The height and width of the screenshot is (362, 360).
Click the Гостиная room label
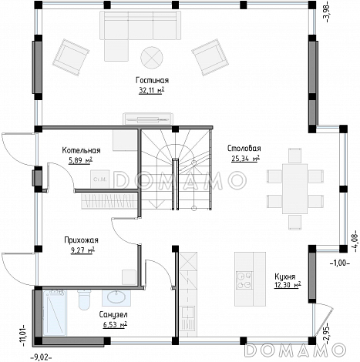tap(152, 80)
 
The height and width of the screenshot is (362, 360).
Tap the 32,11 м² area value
tap(151, 91)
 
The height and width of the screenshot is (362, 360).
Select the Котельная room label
tap(81, 150)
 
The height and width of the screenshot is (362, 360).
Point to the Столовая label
tap(244, 149)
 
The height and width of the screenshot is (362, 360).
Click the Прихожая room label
tap(81, 240)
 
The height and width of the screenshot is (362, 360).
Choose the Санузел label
tap(113, 314)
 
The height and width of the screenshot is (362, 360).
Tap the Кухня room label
tap(285, 277)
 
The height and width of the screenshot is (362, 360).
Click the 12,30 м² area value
tap(288, 285)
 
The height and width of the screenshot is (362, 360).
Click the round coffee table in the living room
tap(152, 58)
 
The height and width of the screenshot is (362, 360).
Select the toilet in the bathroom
tap(84, 300)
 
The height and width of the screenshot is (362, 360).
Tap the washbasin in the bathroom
tap(116, 297)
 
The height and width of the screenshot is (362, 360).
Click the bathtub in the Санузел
tap(55, 313)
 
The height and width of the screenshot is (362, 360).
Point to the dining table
tap(294, 189)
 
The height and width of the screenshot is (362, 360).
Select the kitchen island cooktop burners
tap(244, 280)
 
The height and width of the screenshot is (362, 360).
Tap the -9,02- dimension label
tap(42, 357)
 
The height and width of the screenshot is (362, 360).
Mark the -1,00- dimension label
tap(340, 263)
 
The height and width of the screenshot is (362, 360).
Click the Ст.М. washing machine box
tap(99, 179)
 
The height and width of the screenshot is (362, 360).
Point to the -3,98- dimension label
tap(327, 12)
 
